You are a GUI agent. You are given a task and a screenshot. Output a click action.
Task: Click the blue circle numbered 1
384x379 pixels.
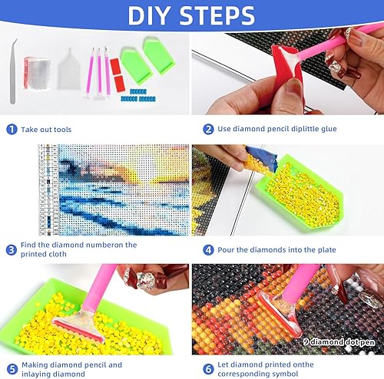pos(12,130)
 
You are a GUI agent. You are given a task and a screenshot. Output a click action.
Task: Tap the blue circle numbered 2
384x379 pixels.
pos(208,130)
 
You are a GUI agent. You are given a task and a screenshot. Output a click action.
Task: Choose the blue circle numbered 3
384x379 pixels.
pos(12,249)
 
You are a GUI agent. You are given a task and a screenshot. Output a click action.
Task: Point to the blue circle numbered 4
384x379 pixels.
pos(208,249)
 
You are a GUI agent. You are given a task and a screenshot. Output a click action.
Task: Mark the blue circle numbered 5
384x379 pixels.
pos(12,369)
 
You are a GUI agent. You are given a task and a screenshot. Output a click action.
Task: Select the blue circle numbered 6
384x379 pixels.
pos(208,369)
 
